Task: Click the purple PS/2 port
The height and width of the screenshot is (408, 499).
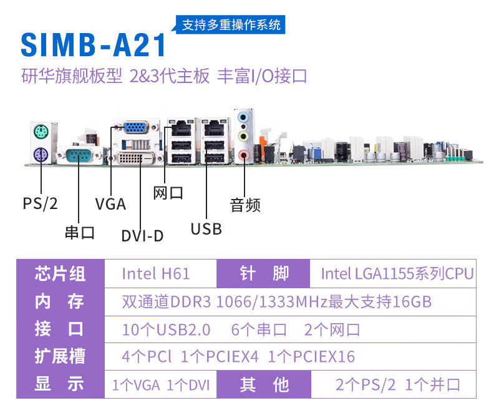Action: pos(39,154)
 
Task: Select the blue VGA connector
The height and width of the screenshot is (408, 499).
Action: pos(136,127)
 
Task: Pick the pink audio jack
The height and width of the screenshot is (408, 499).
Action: pos(245,153)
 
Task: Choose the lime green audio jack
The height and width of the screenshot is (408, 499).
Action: pos(245,135)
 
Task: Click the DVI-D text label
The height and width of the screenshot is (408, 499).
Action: pos(143,236)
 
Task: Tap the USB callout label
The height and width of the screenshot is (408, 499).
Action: pos(206,229)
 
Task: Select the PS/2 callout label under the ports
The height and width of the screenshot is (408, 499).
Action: pos(40,203)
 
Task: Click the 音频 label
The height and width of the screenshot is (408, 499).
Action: pos(245,205)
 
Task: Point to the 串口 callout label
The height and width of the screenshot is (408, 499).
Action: pos(80,233)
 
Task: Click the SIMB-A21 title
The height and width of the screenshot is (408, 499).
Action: pos(94,46)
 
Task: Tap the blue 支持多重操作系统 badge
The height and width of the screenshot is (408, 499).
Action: pos(231,26)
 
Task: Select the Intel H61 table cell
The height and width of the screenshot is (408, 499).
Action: pos(156,273)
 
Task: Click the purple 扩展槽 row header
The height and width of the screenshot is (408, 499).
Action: pos(60,357)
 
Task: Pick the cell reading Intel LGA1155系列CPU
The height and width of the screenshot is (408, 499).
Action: pos(397,273)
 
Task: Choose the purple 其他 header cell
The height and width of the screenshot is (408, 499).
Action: pos(264,384)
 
